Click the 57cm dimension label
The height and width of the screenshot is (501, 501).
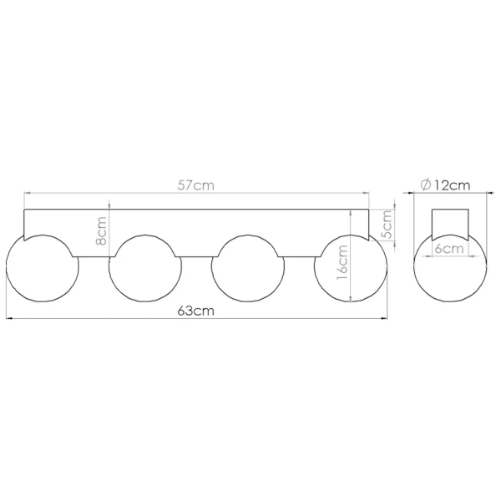click(x=195, y=185)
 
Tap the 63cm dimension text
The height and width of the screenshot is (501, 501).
click(x=195, y=311)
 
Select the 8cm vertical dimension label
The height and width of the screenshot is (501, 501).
click(x=101, y=231)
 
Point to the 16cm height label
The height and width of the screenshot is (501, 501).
click(x=342, y=262)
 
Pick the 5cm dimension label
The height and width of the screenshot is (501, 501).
click(x=387, y=225)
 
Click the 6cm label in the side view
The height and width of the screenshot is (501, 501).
click(x=449, y=249)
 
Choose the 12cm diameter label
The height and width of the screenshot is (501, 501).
click(x=452, y=185)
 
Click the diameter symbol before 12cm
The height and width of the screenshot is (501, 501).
click(x=426, y=185)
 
